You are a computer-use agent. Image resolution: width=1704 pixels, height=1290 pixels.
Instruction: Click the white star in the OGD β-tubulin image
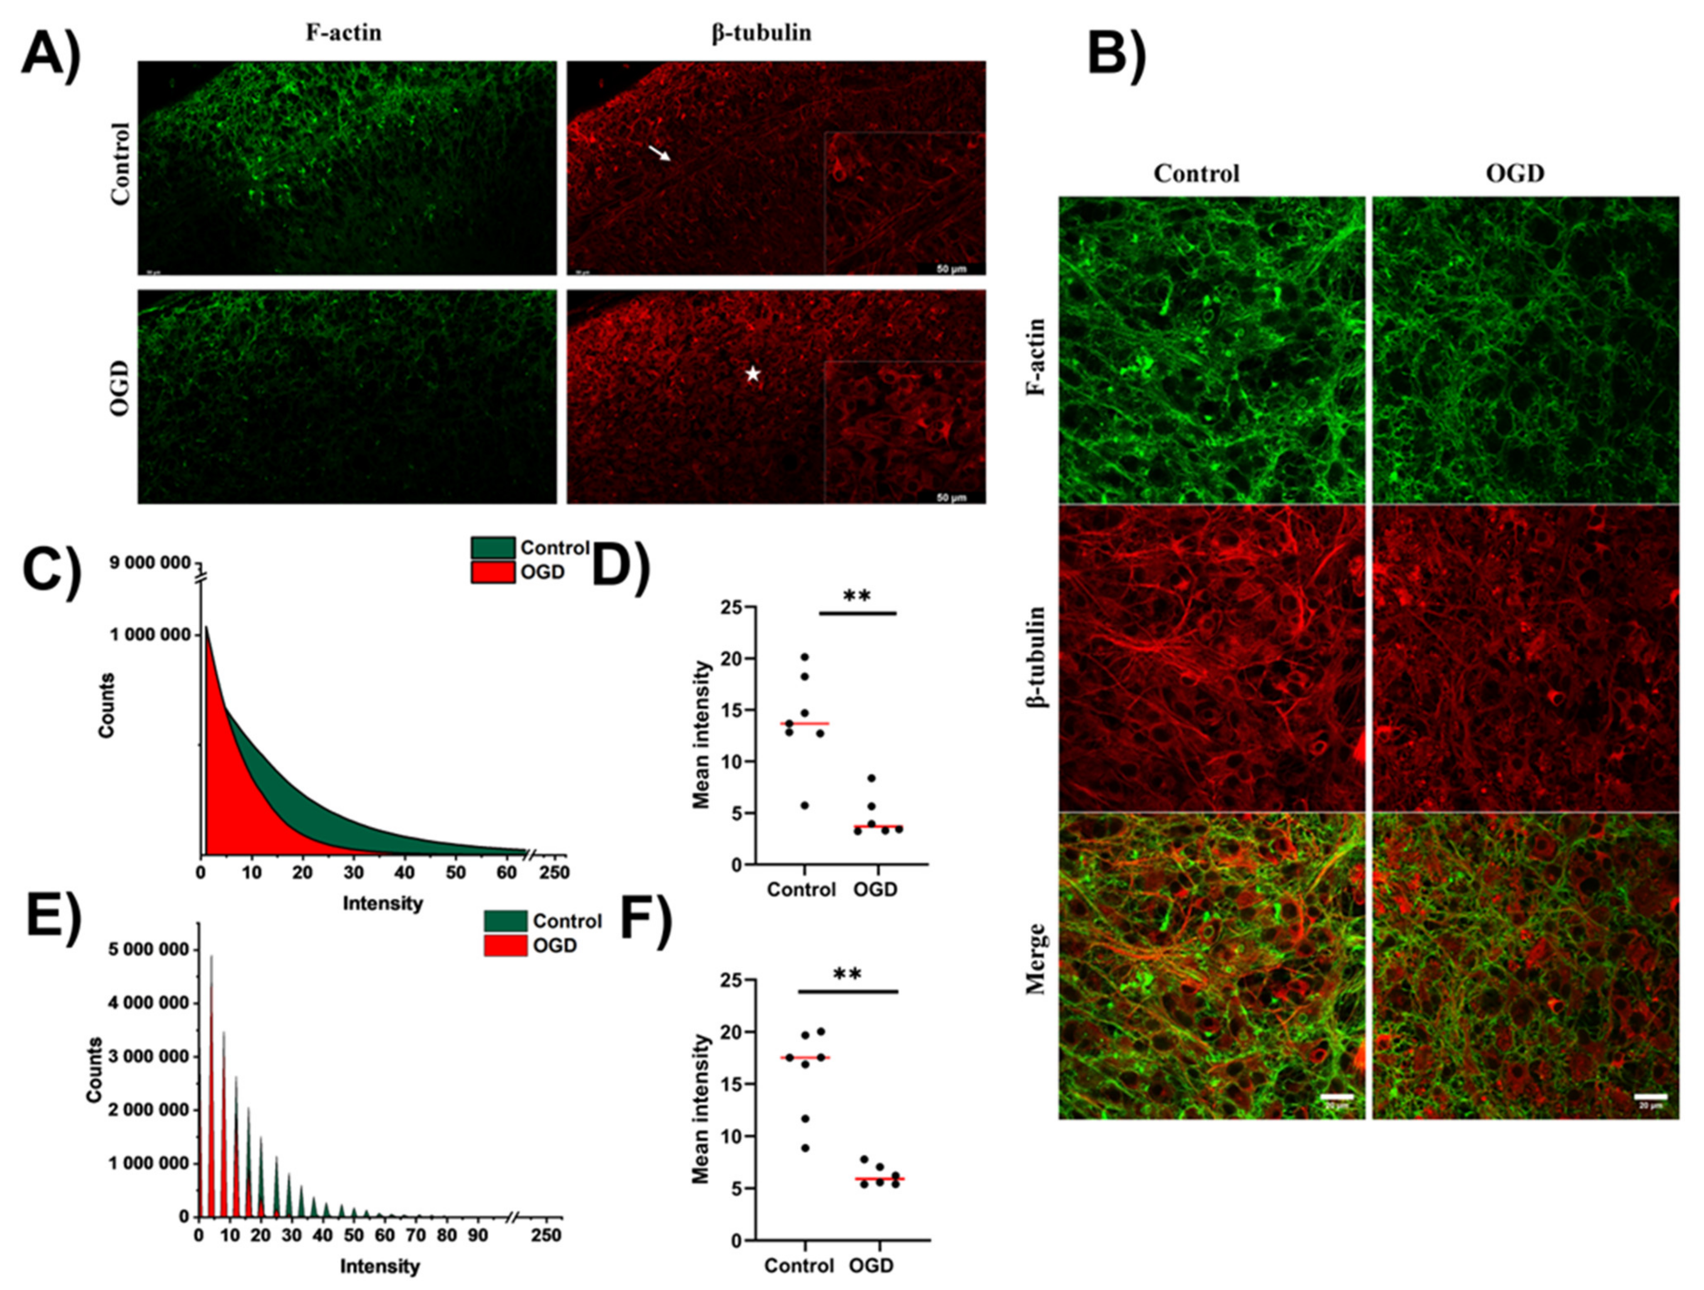click(x=753, y=374)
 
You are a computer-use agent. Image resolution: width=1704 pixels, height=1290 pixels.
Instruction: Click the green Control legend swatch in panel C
click(x=492, y=547)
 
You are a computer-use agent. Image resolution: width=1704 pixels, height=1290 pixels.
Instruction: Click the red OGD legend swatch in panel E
click(x=505, y=945)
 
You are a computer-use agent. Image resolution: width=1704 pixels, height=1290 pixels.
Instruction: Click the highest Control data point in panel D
click(x=804, y=657)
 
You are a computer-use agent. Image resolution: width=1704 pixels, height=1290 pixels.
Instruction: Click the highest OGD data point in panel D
click(x=871, y=778)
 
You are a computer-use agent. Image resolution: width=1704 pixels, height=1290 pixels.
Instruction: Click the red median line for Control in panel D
click(x=804, y=723)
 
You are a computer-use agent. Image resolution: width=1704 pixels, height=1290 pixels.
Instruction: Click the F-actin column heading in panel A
click(x=343, y=33)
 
